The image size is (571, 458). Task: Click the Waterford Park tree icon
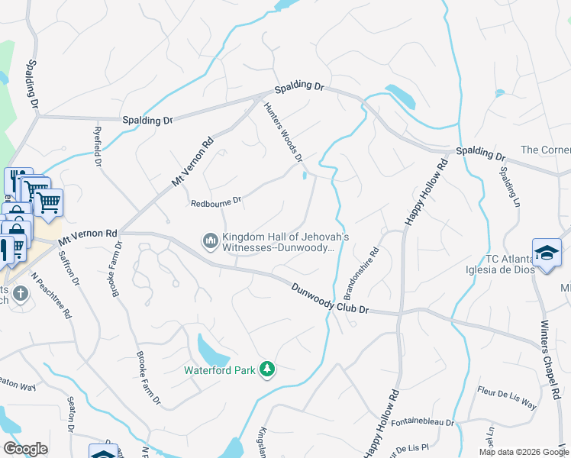[x=266, y=369]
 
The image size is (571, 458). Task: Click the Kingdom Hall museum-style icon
[x=210, y=241]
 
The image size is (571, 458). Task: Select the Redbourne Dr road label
[x=216, y=202]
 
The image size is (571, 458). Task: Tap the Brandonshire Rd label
[x=361, y=273]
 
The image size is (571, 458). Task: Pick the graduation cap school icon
[x=547, y=253]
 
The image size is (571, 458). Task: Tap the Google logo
[x=26, y=449]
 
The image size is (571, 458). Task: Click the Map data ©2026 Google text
[x=523, y=452]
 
